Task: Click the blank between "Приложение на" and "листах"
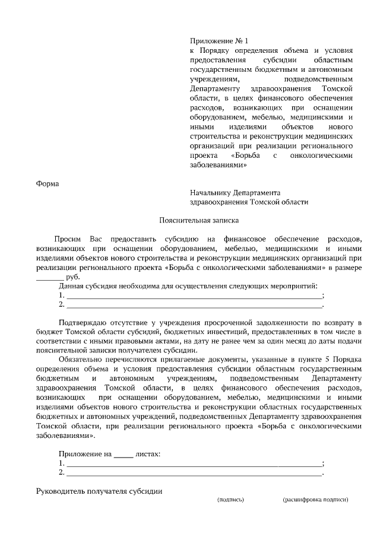[x=123, y=454]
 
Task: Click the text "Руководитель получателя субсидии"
[x=99, y=491]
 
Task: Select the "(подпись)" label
[x=230, y=500]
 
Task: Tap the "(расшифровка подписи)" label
[x=315, y=500]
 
